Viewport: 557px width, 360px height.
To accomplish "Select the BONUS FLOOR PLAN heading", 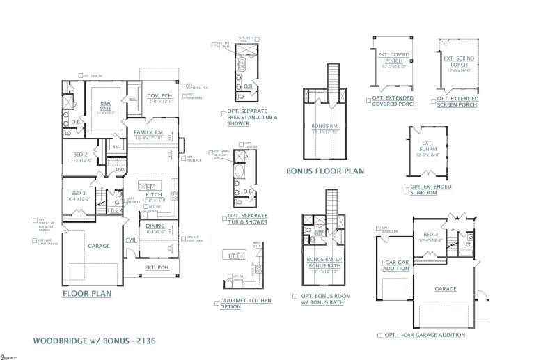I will [321, 170].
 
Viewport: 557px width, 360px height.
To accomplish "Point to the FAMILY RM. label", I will [150, 132].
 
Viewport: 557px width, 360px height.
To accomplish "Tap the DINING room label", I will [155, 226].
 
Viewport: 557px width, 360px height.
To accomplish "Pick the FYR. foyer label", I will [130, 240].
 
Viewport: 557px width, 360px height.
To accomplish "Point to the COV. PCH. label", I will [159, 96].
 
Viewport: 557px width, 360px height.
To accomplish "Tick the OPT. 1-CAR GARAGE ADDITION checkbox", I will [379, 334].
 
